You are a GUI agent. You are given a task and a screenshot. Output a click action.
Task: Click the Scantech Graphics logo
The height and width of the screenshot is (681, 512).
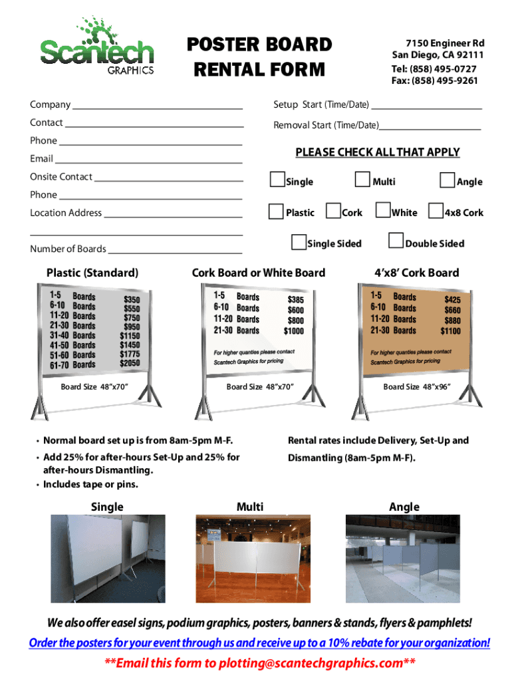point(97,47)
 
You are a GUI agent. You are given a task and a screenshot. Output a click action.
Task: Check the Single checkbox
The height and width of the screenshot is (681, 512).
point(277,180)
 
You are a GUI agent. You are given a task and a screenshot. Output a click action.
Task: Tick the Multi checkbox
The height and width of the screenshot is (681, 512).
point(362,180)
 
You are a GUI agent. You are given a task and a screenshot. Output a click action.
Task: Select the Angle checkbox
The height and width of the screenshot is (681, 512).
point(448,180)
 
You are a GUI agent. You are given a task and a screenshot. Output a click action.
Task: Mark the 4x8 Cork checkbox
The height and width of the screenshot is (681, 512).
point(436,211)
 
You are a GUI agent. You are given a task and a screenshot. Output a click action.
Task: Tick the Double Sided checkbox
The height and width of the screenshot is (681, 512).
point(396,241)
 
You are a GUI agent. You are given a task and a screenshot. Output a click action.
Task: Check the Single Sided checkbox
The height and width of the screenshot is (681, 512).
point(299,242)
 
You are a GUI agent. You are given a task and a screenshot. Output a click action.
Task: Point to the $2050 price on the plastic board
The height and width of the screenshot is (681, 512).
point(130,364)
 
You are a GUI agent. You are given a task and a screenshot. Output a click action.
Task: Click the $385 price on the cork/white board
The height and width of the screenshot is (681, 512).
point(295,300)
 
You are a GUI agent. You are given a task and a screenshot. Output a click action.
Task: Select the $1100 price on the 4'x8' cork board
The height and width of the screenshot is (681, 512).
point(449,331)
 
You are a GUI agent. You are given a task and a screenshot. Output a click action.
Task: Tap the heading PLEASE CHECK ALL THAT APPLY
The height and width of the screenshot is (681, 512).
point(377,152)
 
